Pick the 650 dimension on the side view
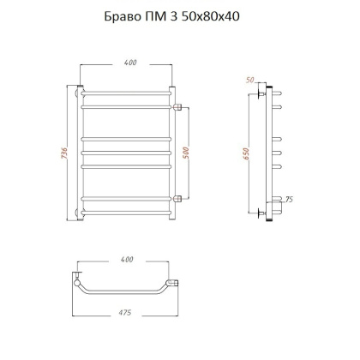[248, 153]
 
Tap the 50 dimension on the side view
[250, 78]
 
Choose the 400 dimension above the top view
[128, 258]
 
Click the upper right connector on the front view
[179, 108]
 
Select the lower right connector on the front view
[179, 199]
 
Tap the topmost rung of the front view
[129, 92]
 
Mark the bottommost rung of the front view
[129, 210]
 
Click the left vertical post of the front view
[80, 154]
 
